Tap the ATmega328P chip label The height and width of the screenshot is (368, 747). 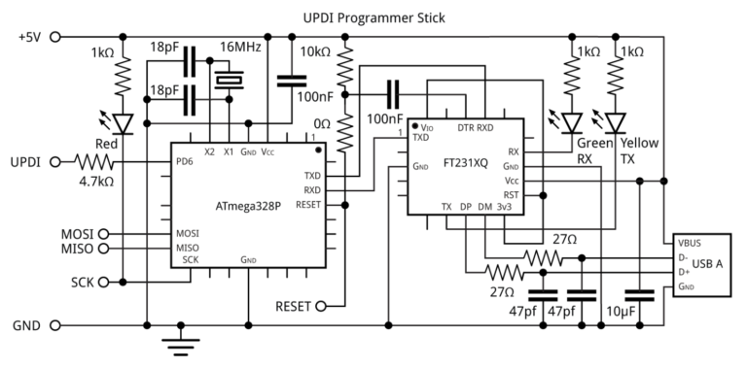(x=248, y=206)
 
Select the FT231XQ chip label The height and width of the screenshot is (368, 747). (x=465, y=165)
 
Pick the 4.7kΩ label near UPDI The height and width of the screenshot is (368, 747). (x=97, y=180)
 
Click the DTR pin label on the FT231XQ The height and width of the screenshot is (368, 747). (x=465, y=127)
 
